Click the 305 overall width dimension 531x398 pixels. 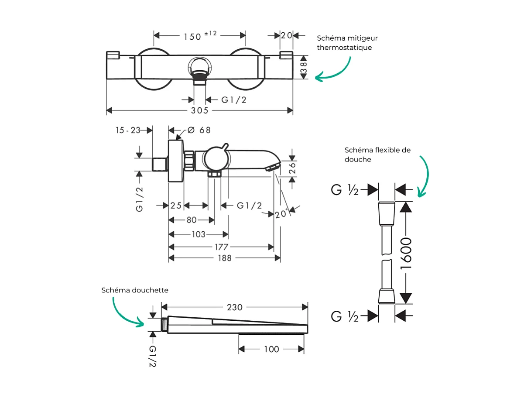[199, 110]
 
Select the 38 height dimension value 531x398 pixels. [304, 67]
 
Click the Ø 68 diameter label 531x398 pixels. [199, 130]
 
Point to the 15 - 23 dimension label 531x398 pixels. [128, 130]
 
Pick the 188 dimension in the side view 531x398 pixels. [224, 258]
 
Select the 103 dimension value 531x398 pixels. [199, 235]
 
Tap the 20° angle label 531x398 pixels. [282, 214]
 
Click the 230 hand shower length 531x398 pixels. [235, 308]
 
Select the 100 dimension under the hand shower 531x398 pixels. [271, 349]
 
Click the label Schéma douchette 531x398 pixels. [135, 290]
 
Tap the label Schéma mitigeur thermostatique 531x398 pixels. [347, 43]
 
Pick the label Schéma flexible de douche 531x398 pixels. [377, 154]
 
